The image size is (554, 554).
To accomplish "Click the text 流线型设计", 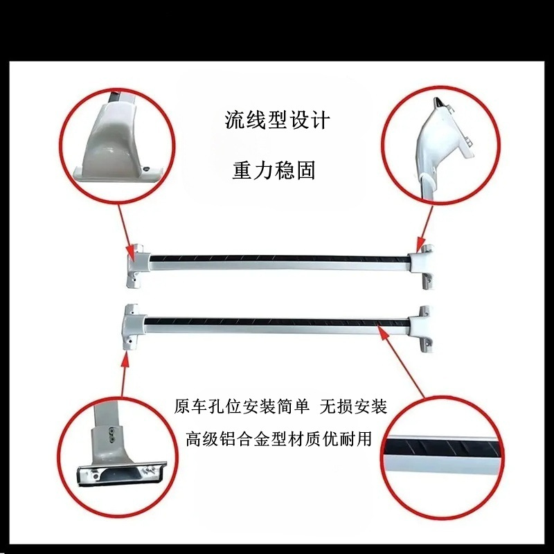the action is click(x=277, y=120).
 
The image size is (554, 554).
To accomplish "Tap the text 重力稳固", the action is click(x=274, y=170).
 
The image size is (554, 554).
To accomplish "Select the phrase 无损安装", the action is click(x=353, y=406).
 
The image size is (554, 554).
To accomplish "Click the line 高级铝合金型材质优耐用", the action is click(x=279, y=439).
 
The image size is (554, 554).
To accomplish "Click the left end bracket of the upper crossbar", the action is click(x=137, y=265).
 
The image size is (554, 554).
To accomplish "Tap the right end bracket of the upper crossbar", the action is click(x=421, y=267).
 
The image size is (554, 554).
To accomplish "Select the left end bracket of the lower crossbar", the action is click(x=134, y=327).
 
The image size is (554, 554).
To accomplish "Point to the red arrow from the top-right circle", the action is click(x=425, y=229).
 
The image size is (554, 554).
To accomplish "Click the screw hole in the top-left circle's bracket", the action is click(x=146, y=169).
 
